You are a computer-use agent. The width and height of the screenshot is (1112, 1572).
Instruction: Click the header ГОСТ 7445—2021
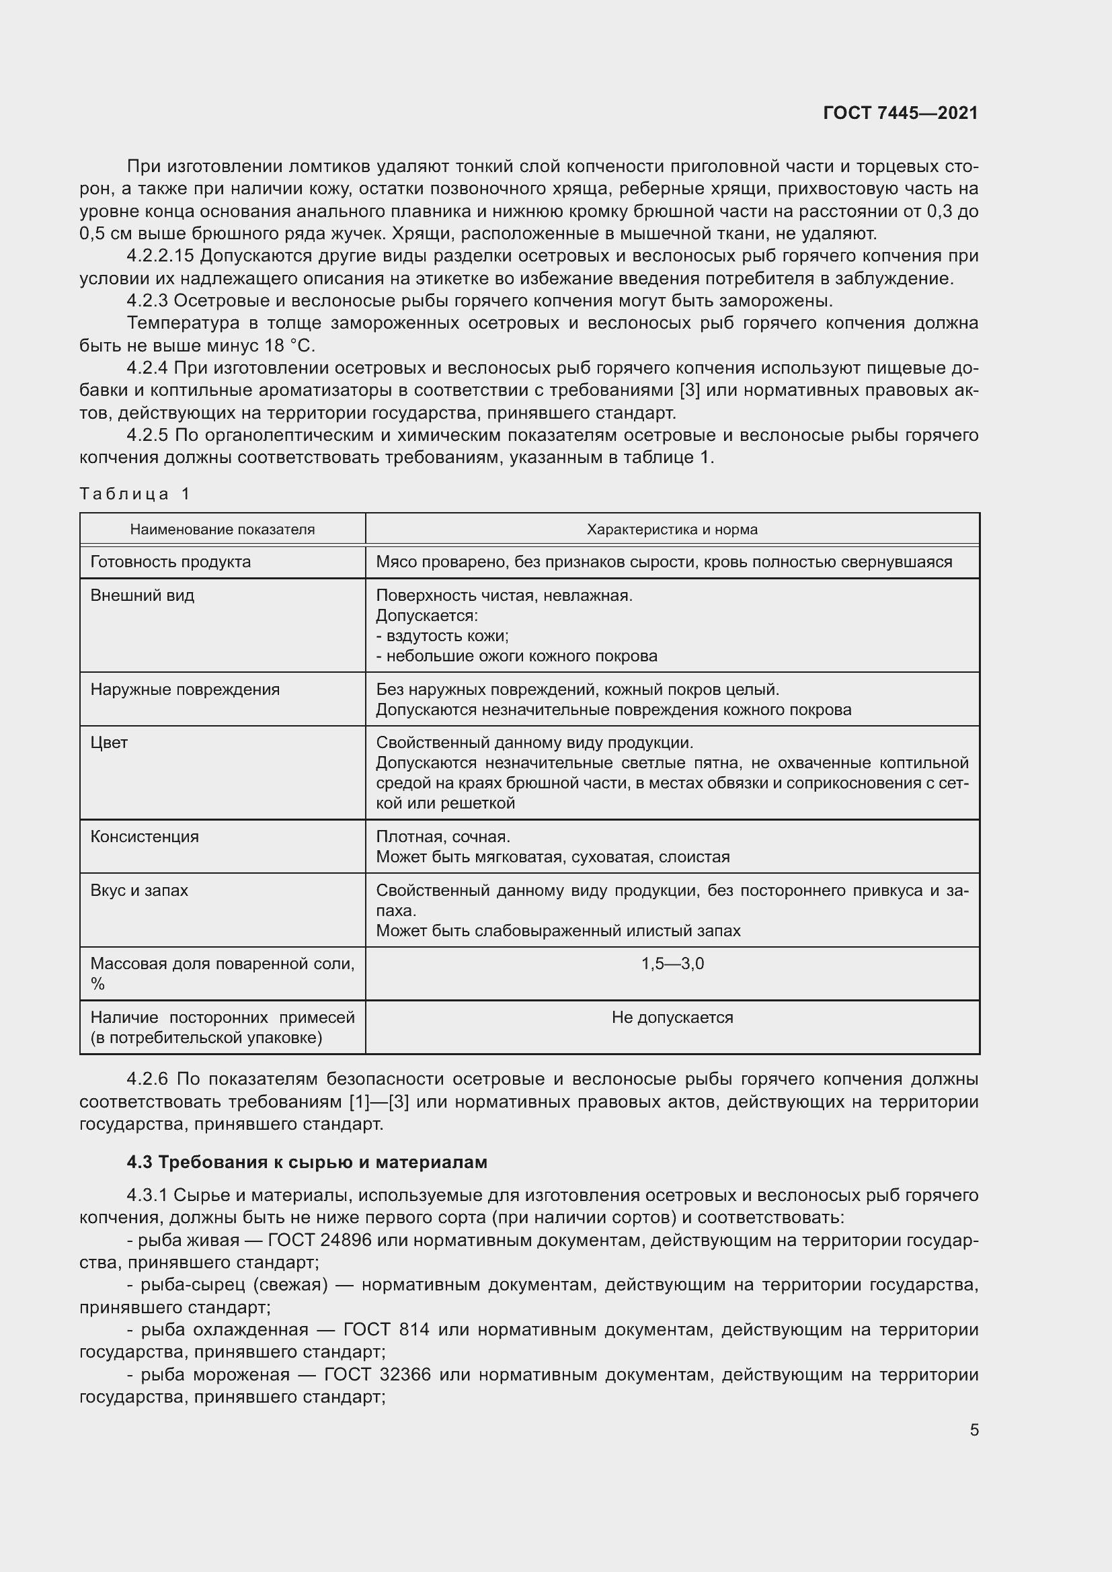(900, 113)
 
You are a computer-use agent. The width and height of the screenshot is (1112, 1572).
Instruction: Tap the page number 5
(974, 1430)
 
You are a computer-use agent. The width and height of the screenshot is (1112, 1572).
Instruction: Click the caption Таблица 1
(134, 494)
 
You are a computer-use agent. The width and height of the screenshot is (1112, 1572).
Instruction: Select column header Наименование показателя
(223, 529)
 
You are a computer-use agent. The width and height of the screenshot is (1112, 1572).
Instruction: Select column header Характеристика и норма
(672, 529)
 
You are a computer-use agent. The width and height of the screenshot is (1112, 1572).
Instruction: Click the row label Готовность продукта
(171, 562)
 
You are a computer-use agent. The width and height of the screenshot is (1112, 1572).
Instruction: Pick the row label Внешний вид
(143, 595)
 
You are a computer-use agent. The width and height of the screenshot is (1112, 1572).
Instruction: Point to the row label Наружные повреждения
(185, 690)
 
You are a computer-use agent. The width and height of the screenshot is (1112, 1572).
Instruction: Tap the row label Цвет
(109, 743)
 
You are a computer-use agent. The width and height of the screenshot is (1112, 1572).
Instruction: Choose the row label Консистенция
(145, 837)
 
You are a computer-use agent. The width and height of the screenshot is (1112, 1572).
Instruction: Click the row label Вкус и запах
(139, 890)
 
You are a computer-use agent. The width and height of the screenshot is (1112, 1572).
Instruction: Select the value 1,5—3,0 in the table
(672, 964)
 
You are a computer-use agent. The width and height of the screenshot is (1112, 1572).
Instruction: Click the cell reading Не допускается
(672, 1018)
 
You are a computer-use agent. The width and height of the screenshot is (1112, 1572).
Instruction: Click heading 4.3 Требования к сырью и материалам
(307, 1162)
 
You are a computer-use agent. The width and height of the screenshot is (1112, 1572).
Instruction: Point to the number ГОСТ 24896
(319, 1240)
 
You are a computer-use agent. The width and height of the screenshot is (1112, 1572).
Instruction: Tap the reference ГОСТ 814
(386, 1329)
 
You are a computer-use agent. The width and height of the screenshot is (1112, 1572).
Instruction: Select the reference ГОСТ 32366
(367, 1374)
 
